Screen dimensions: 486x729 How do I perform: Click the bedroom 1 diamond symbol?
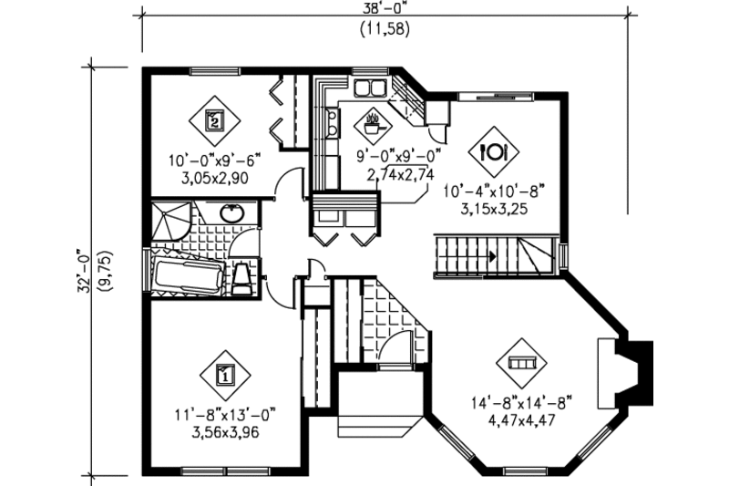coord(223,371)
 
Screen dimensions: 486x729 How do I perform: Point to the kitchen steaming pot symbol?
coord(373,120)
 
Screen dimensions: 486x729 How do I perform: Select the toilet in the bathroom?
coord(241,278)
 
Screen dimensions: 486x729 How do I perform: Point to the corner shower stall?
coord(170,219)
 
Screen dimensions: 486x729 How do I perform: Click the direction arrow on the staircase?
coord(492,258)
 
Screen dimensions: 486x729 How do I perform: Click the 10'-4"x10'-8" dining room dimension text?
coord(492,191)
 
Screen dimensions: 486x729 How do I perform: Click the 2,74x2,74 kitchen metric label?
coord(400,174)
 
